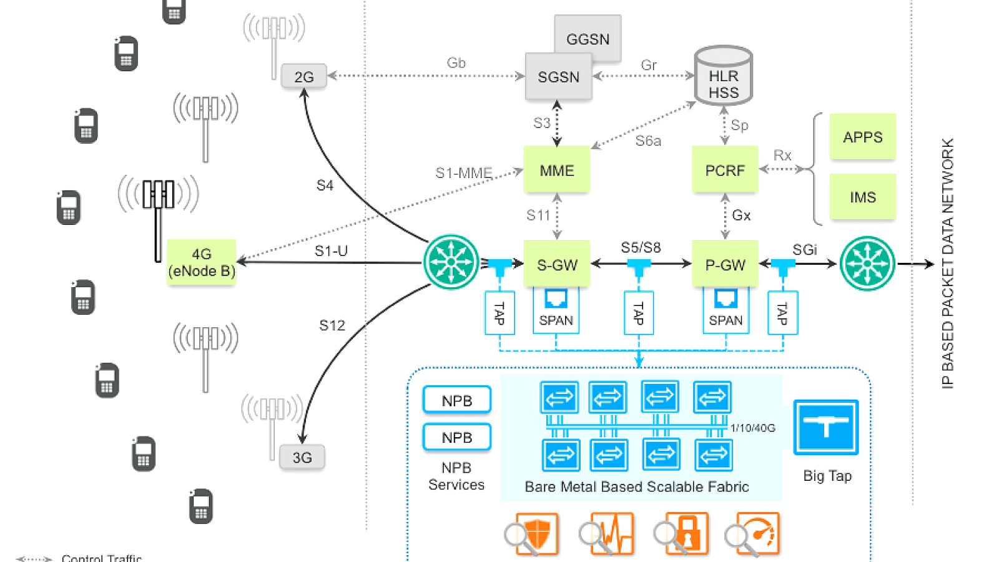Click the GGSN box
tap(588, 39)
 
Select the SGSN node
tap(558, 77)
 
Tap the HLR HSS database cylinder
tap(724, 76)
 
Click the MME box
tap(556, 170)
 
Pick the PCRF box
tap(725, 170)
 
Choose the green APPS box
tap(862, 137)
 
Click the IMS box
tap(862, 197)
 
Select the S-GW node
tap(557, 264)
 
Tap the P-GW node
tap(725, 264)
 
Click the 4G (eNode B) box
tap(201, 262)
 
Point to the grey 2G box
tap(303, 77)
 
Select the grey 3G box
tap(302, 458)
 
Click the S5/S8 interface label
tap(641, 247)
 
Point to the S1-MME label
tap(463, 172)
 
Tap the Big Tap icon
tap(825, 428)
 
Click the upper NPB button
tap(456, 400)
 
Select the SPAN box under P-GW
tap(726, 310)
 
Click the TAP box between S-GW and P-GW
tap(639, 312)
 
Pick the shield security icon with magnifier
tap(532, 535)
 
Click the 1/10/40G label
tap(753, 428)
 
